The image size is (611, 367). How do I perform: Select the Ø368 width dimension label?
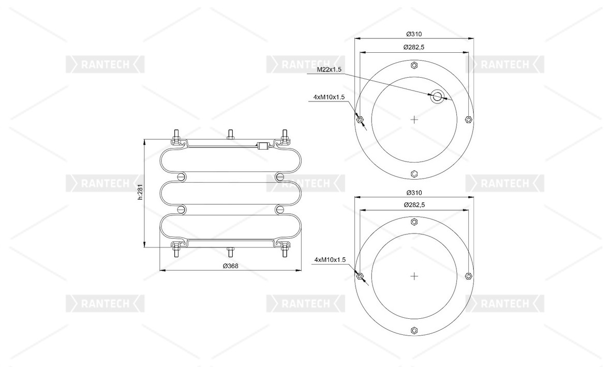tap(230, 266)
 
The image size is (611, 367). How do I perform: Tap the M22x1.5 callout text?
tap(329, 69)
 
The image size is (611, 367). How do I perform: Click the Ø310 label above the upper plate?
tap(414, 34)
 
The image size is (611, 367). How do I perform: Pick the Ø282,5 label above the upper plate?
tap(414, 47)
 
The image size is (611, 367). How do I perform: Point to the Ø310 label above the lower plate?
tap(414, 193)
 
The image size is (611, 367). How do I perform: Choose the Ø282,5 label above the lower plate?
tap(414, 205)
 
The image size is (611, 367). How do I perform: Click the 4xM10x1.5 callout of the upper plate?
tap(329, 97)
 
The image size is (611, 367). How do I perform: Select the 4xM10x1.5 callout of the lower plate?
tap(330, 260)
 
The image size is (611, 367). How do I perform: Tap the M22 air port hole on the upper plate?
tap(437, 97)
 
